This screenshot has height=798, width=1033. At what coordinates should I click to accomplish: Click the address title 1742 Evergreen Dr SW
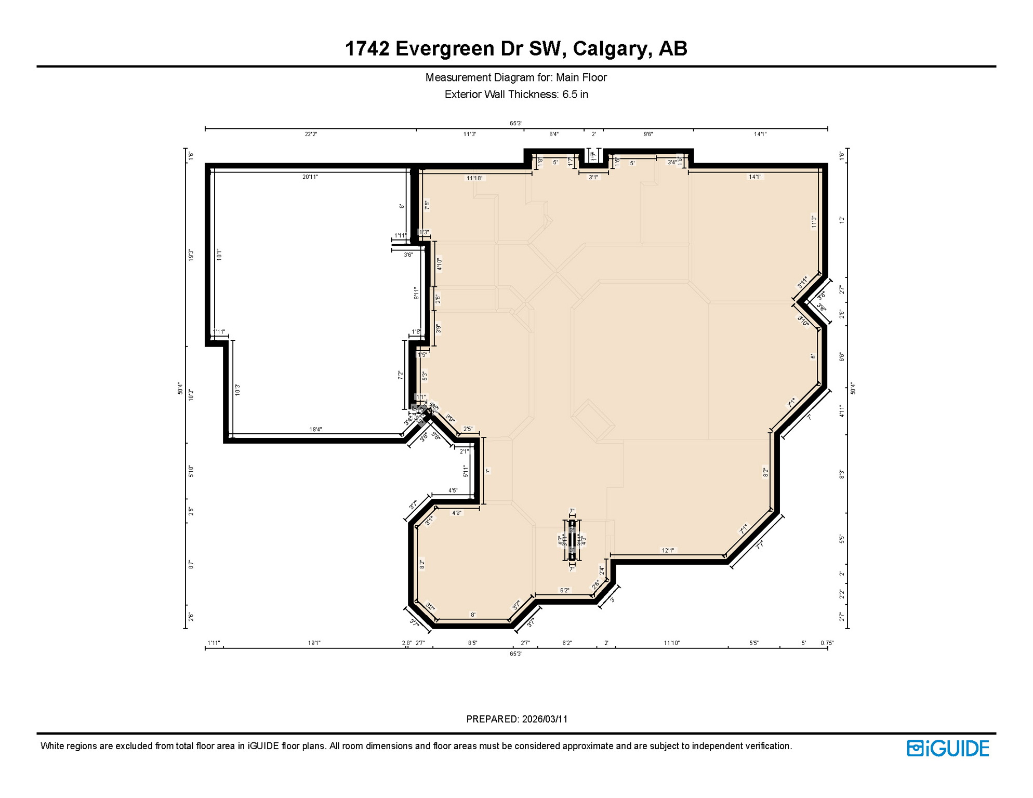(516, 48)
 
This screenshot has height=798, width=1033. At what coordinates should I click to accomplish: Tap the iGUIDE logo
(947, 748)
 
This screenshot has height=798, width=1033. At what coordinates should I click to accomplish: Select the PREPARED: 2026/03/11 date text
(516, 719)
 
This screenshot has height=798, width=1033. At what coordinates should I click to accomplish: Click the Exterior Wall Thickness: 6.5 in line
(516, 95)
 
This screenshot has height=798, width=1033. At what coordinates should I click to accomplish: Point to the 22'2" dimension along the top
(311, 134)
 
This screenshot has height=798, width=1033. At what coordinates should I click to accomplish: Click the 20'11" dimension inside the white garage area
(310, 177)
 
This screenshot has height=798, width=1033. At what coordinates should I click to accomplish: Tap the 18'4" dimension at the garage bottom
(315, 429)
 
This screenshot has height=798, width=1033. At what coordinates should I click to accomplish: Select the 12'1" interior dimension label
(668, 550)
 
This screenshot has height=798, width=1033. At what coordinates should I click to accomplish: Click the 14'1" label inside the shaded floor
(754, 177)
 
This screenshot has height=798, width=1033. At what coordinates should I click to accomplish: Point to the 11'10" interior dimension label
(474, 178)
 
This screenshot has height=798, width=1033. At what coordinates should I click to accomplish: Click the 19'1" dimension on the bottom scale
(314, 643)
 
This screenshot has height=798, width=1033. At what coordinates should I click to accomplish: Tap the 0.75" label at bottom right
(827, 643)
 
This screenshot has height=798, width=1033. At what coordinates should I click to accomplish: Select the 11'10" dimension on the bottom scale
(671, 643)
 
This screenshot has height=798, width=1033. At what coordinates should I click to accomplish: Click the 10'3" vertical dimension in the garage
(237, 390)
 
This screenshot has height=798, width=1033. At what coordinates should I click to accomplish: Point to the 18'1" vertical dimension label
(219, 255)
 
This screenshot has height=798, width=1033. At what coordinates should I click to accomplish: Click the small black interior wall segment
(572, 540)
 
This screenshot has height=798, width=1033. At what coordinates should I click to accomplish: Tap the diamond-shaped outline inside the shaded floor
(593, 421)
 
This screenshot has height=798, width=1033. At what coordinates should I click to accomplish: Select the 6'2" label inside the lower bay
(564, 590)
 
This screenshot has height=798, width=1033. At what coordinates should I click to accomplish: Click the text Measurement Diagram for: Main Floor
(516, 77)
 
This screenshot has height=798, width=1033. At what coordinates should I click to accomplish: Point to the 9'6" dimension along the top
(648, 134)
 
